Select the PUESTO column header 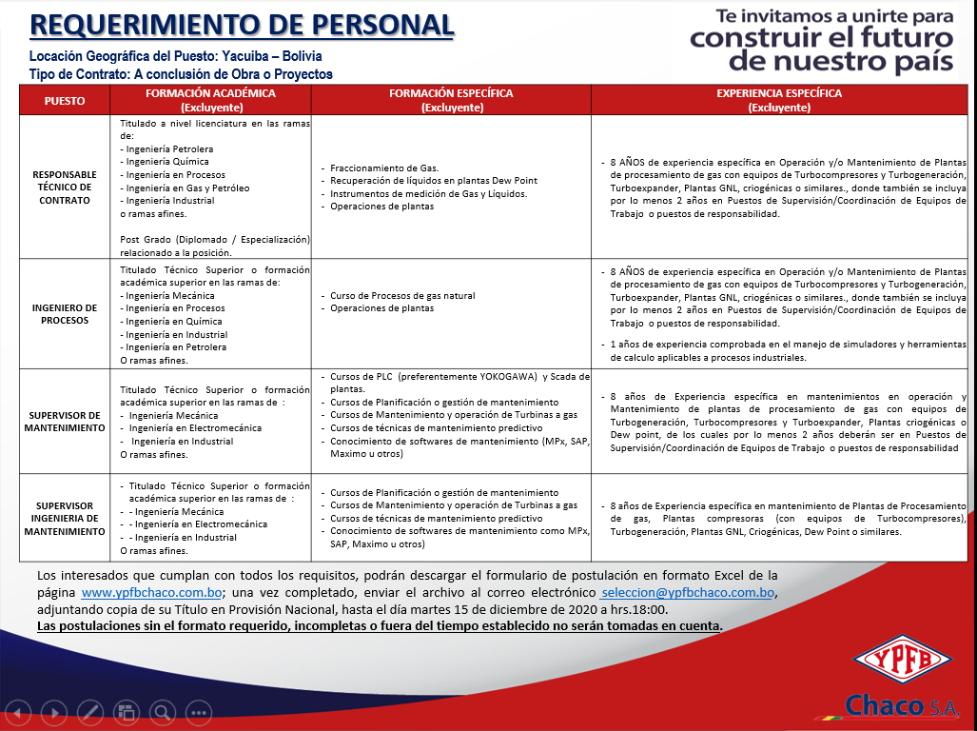click(65, 100)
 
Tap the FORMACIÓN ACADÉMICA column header click(210, 100)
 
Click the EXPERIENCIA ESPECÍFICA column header click(779, 100)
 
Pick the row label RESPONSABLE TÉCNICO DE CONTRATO click(65, 188)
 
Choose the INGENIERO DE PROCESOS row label click(65, 314)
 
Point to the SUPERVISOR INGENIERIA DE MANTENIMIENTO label click(65, 518)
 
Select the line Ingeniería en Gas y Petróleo click(186, 188)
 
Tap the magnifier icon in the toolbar click(162, 711)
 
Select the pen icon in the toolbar click(90, 711)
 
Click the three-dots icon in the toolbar click(198, 711)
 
